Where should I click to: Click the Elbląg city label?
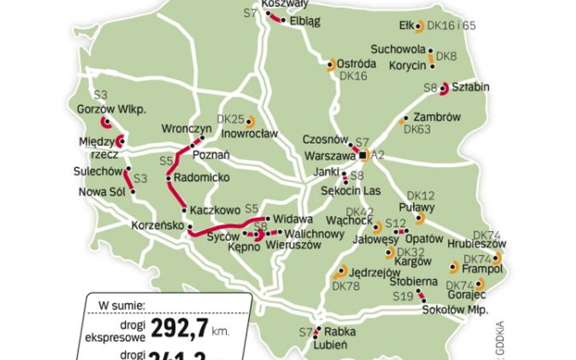click(x=305, y=21)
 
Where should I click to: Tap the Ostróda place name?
click(x=357, y=63)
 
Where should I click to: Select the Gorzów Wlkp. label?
click(x=112, y=109)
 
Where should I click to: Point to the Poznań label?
click(x=211, y=155)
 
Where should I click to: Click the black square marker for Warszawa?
click(x=363, y=156)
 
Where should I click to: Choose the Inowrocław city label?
click(x=250, y=133)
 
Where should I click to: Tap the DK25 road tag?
click(x=230, y=120)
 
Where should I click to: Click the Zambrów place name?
click(x=437, y=117)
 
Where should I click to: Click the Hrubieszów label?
click(x=477, y=243)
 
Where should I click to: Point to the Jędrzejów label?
click(x=375, y=273)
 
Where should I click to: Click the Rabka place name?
click(x=340, y=332)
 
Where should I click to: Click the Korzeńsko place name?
click(x=157, y=226)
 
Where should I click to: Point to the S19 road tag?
click(x=403, y=296)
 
